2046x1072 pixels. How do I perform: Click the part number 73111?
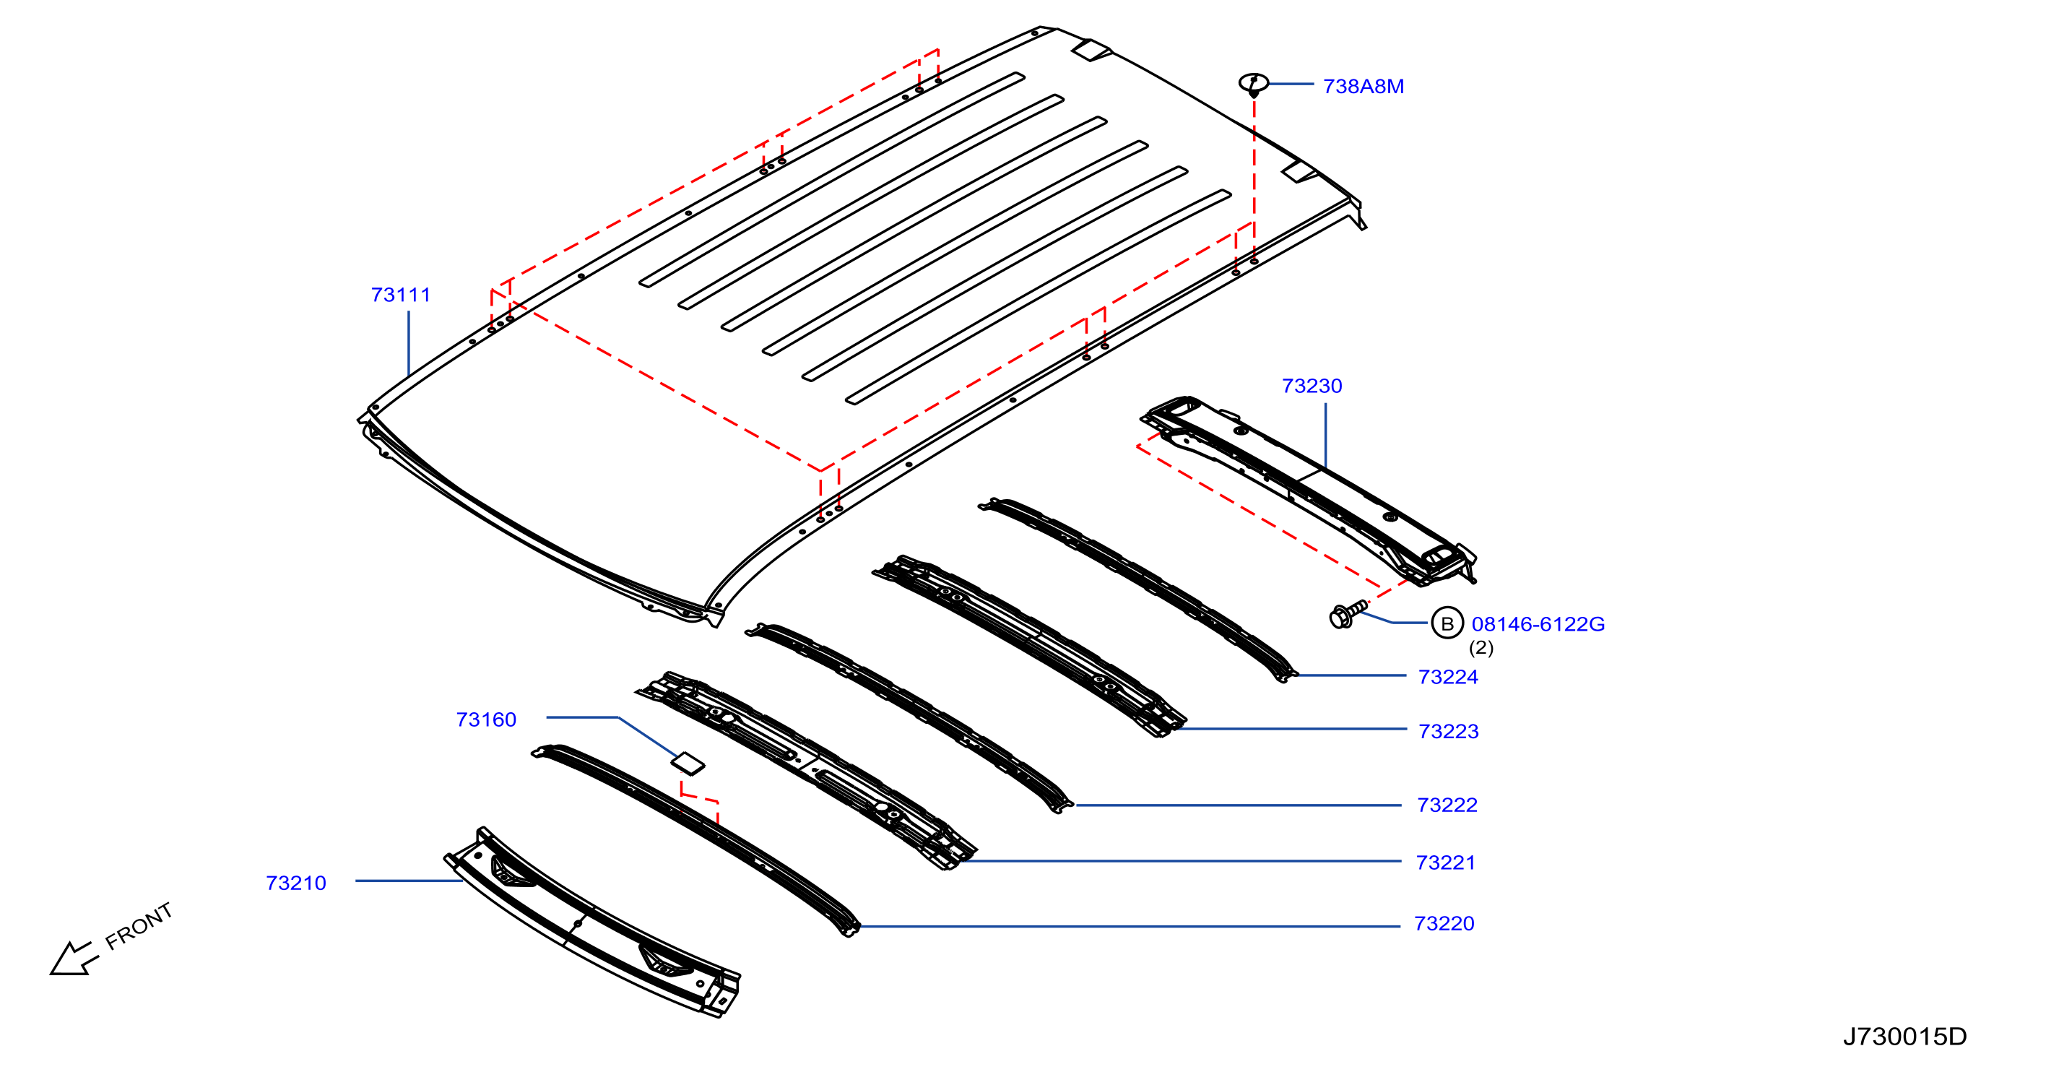pyautogui.click(x=400, y=295)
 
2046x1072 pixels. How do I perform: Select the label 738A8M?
pyautogui.click(x=1363, y=87)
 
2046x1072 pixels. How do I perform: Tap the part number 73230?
pyautogui.click(x=1312, y=386)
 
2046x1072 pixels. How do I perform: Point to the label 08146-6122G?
pyautogui.click(x=1538, y=625)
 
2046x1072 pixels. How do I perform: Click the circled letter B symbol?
pyautogui.click(x=1447, y=623)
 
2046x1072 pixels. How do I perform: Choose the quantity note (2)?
pyautogui.click(x=1481, y=648)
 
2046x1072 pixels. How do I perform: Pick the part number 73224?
pyautogui.click(x=1448, y=677)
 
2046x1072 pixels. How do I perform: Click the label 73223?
pyautogui.click(x=1449, y=731)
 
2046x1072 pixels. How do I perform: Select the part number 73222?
pyautogui.click(x=1447, y=805)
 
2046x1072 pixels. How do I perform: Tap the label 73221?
pyautogui.click(x=1446, y=863)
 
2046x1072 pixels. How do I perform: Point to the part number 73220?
pyautogui.click(x=1444, y=923)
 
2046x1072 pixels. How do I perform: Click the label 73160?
pyautogui.click(x=486, y=720)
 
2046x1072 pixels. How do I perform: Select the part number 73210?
pyautogui.click(x=296, y=883)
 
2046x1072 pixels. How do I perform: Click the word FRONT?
pyautogui.click(x=139, y=926)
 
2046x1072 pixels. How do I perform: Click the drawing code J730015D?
pyautogui.click(x=1904, y=1036)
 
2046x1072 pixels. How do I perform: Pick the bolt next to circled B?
pyautogui.click(x=1348, y=614)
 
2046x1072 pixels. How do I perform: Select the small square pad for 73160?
pyautogui.click(x=688, y=763)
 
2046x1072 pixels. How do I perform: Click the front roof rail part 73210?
pyautogui.click(x=591, y=922)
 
